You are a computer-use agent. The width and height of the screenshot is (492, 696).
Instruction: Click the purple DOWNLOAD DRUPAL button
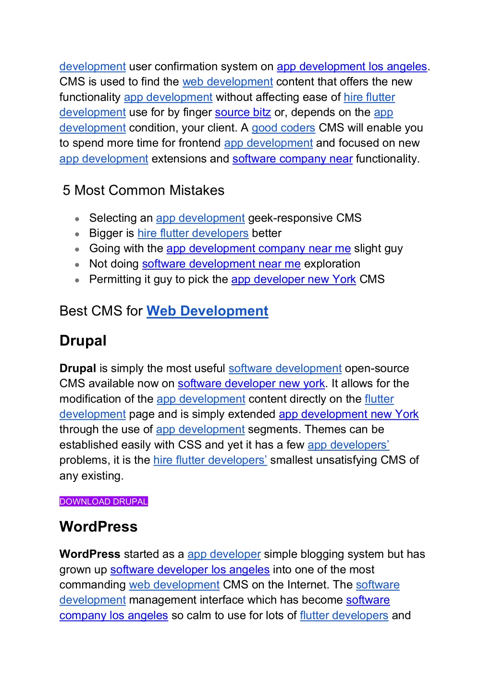coord(103,501)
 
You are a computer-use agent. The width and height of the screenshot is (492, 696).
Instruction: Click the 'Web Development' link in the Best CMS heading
coord(207,311)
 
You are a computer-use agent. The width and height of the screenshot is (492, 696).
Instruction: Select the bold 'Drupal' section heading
coord(83,341)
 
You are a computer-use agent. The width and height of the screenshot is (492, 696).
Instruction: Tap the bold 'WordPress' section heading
coord(98,527)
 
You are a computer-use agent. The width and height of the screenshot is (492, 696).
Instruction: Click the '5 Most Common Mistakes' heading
coord(144,190)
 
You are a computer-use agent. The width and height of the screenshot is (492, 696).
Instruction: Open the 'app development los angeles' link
coord(352,66)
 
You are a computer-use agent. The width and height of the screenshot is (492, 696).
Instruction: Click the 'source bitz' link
coord(243,113)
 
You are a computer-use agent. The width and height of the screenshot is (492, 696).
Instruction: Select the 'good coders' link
coord(283,128)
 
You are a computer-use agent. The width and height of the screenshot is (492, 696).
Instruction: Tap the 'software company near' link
coord(293,159)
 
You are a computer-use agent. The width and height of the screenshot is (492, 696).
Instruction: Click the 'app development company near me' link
coord(258,249)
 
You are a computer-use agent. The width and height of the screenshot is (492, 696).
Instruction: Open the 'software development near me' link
coord(221,264)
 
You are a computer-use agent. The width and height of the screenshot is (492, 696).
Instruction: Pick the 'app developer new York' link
coord(294,279)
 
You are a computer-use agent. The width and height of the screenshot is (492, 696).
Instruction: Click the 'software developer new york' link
coord(251,384)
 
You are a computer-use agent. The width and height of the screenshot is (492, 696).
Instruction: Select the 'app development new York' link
coord(348,414)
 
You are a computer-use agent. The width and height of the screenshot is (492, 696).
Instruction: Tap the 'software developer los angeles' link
coord(190,569)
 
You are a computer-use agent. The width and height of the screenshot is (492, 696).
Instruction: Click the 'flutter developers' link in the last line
coord(344,616)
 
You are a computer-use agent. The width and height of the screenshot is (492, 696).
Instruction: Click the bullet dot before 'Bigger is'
coord(77,234)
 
